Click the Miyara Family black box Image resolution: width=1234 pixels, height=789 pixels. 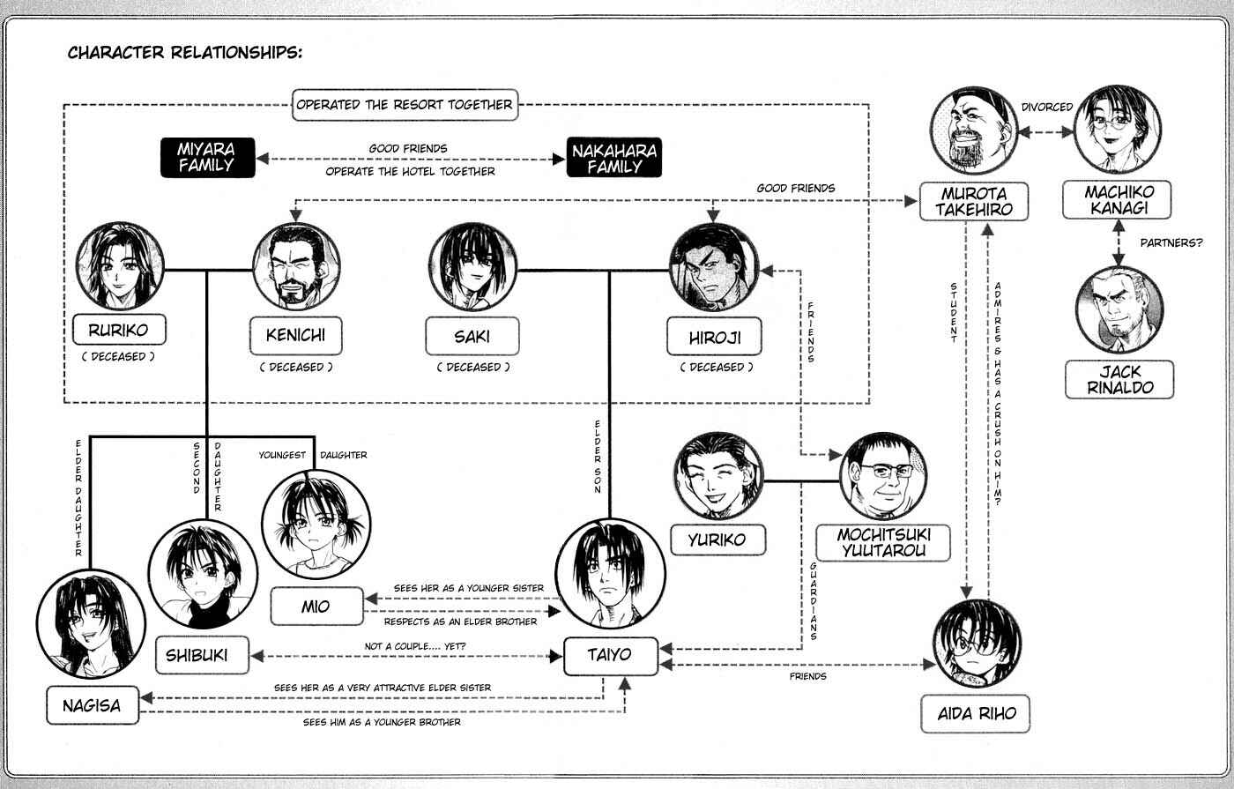(208, 158)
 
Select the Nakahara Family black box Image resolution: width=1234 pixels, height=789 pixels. (613, 158)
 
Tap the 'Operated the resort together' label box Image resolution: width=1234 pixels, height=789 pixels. (405, 105)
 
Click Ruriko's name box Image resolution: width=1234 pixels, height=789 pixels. (119, 330)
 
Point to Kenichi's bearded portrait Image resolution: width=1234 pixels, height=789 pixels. (296, 266)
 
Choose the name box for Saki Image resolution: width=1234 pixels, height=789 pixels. (472, 336)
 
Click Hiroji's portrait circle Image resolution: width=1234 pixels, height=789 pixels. (714, 268)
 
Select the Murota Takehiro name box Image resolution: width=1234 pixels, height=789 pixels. (974, 202)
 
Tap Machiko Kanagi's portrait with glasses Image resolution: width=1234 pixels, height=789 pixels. (1118, 130)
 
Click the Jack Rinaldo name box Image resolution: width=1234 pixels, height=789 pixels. (1119, 380)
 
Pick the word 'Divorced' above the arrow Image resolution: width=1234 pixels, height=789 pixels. (1047, 107)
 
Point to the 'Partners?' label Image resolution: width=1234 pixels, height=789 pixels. (1171, 242)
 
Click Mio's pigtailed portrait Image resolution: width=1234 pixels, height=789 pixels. (316, 525)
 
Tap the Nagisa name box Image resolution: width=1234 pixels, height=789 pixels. (93, 705)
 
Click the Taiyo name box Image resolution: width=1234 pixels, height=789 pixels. (610, 656)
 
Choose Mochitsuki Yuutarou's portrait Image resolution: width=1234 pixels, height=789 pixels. (883, 476)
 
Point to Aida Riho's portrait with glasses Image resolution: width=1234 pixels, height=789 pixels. (977, 644)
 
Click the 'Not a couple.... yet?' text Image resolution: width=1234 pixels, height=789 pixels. (415, 645)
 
